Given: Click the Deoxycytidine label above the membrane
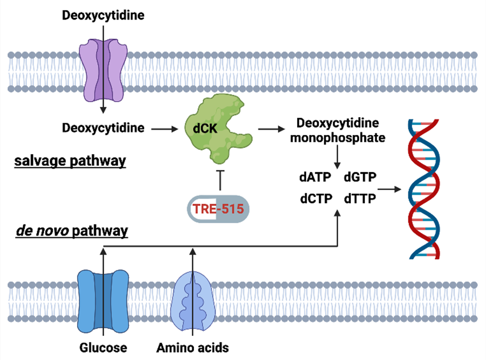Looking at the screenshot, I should (x=103, y=16).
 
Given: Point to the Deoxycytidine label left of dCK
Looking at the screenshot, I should (x=103, y=128).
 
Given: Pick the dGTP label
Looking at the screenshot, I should (x=360, y=177).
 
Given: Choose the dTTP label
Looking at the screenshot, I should (x=360, y=198).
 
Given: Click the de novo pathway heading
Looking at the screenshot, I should (x=72, y=230).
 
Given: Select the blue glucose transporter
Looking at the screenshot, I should (x=103, y=301).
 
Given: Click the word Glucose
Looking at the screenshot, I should (x=103, y=348).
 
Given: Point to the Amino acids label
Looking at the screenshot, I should (x=192, y=348).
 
